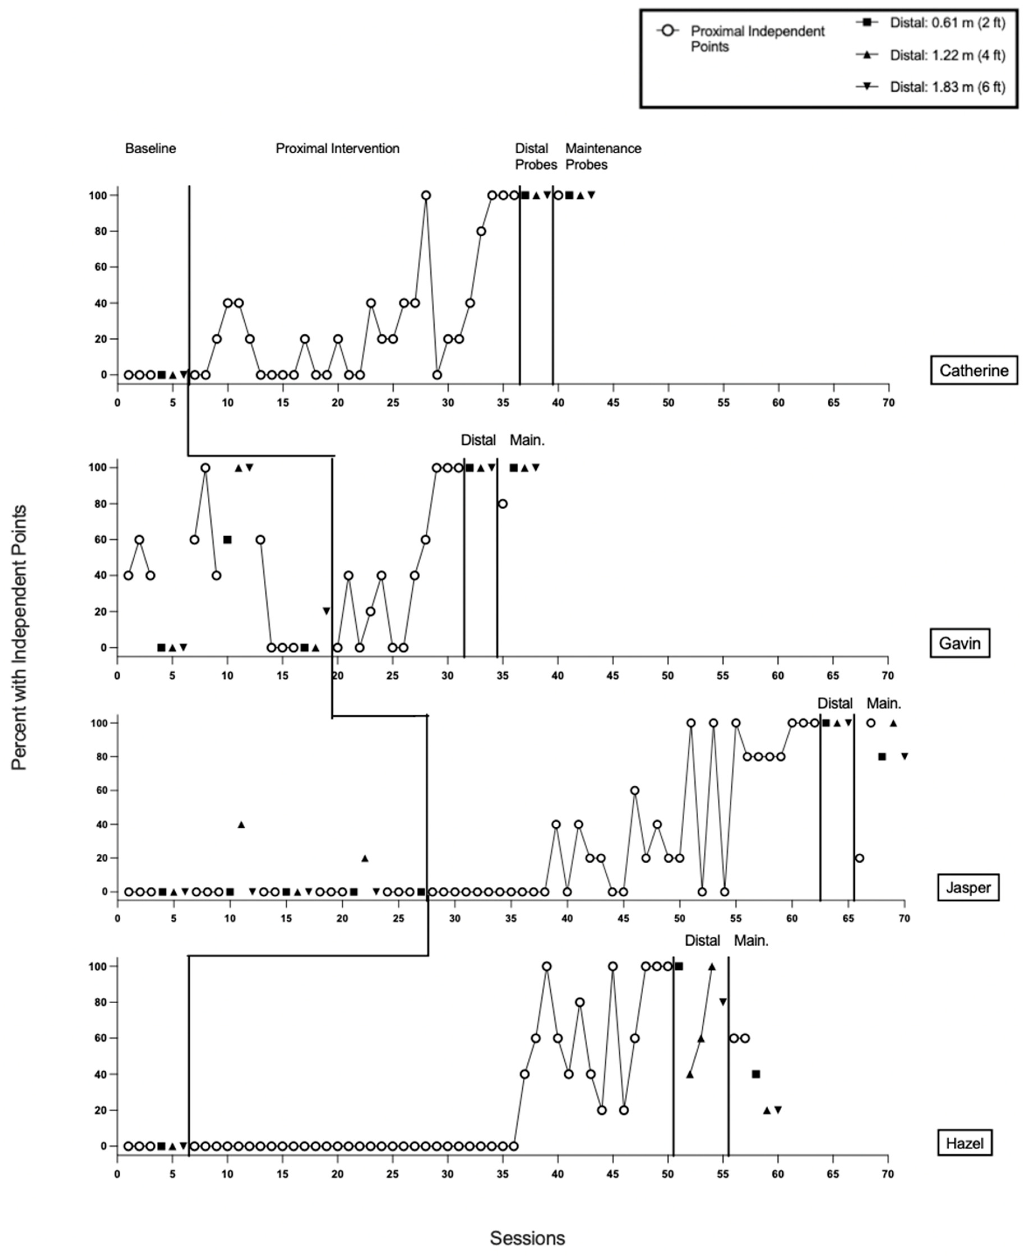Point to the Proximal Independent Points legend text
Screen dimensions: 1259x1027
[757, 39]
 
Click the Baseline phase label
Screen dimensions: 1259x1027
[150, 149]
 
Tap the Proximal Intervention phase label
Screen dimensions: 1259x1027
[337, 149]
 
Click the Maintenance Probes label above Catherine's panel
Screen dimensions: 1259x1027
[603, 156]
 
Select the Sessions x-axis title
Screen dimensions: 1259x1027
[527, 1238]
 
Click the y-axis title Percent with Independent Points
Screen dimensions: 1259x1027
[20, 636]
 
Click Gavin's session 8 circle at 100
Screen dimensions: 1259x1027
[205, 468]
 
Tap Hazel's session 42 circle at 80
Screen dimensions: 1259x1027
[580, 1002]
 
